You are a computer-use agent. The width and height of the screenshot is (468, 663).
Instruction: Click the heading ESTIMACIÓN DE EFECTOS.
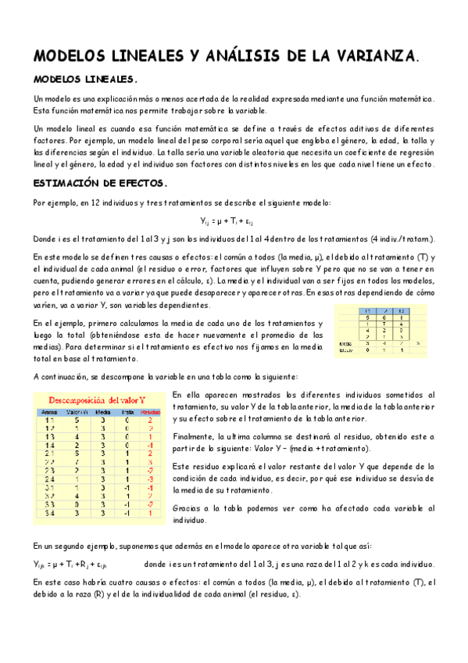[100, 185]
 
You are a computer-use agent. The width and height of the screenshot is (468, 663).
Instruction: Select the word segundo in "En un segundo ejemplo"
[72, 545]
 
